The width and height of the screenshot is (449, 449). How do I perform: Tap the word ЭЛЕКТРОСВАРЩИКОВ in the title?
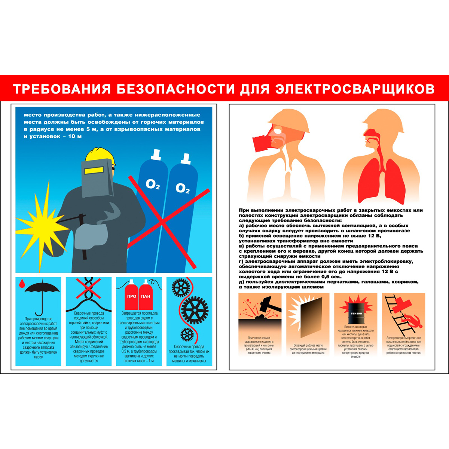pyautogui.click(x=355, y=89)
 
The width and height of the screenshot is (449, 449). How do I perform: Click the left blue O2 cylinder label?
pyautogui.click(x=153, y=184)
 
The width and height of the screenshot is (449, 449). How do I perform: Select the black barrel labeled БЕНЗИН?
pyautogui.click(x=355, y=312)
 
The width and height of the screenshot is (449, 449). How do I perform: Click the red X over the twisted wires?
pyautogui.click(x=88, y=288)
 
